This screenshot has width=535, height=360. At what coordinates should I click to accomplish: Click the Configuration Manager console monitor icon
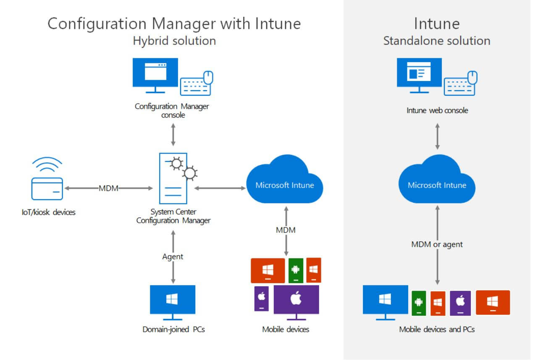point(155,74)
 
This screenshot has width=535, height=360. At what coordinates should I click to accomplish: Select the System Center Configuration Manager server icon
point(173,178)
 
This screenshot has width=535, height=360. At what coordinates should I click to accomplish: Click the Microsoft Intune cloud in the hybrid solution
point(285,181)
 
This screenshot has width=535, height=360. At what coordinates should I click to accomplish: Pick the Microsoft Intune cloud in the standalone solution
point(437,181)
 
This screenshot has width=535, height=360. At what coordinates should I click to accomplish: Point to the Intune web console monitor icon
point(419,74)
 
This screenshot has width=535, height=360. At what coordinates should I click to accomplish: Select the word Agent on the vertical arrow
point(173,256)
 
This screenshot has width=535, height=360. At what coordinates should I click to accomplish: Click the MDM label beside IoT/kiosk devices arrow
point(108,188)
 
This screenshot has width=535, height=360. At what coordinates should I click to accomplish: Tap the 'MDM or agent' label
point(437,244)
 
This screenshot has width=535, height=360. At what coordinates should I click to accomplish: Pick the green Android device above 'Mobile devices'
point(296,271)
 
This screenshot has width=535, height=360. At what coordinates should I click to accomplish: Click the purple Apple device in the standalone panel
point(460,303)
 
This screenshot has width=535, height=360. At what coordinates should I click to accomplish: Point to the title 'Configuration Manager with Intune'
point(174,23)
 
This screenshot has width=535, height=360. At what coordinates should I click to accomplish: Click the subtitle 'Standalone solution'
point(437,41)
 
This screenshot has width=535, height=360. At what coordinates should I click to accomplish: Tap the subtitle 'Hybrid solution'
point(174,41)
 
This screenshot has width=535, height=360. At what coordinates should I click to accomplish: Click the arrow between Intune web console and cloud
point(437,136)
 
